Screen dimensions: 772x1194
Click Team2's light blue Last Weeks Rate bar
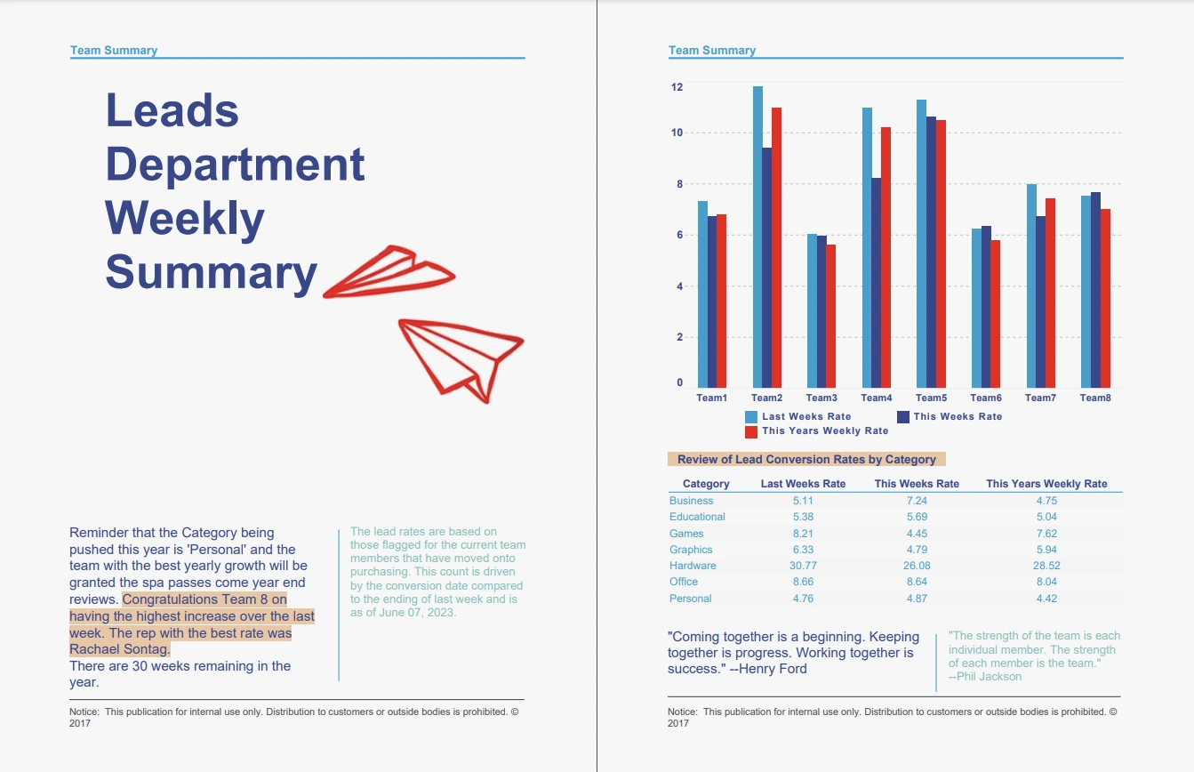coord(757,237)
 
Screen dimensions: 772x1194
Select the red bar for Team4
coord(885,257)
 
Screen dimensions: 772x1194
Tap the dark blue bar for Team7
coord(1040,302)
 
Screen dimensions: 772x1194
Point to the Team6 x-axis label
coord(986,398)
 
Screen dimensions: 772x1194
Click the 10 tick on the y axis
coord(677,133)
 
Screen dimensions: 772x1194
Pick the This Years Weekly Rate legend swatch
coord(751,431)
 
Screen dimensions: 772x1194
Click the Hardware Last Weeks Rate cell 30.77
coord(803,566)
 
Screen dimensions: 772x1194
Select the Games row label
coord(686,534)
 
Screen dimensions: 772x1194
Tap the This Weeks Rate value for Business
coord(917,501)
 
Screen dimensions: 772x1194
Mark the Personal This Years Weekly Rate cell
coord(1046,599)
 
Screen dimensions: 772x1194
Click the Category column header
coord(706,484)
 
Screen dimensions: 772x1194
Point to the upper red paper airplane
coord(389,271)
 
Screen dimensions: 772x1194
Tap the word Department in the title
coord(235,165)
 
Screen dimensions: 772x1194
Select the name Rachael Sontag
coord(119,650)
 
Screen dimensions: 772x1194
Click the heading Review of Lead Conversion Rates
coord(805,460)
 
